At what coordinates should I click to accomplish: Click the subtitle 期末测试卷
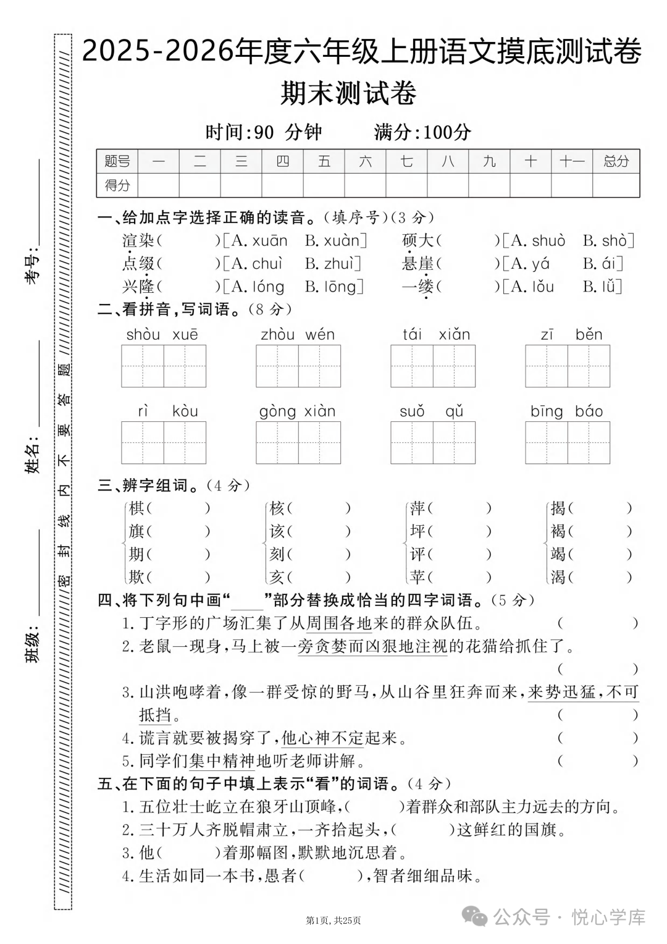point(348,93)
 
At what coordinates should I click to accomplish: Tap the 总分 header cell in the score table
point(616,161)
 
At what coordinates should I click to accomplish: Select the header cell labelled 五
point(324,161)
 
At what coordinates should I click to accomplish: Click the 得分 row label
point(117,185)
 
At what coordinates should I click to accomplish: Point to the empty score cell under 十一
point(571,185)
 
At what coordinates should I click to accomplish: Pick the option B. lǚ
point(602,287)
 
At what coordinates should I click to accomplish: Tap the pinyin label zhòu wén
point(298,335)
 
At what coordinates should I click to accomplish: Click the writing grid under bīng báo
point(568,442)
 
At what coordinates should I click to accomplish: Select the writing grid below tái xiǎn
point(433,366)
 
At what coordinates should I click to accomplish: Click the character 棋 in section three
point(136,508)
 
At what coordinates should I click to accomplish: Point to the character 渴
point(558,577)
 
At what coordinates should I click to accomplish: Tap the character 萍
point(417,508)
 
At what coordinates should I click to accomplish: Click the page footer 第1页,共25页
point(333,921)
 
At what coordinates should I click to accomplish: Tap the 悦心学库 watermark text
point(608,917)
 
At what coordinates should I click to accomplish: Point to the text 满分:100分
point(422,132)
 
